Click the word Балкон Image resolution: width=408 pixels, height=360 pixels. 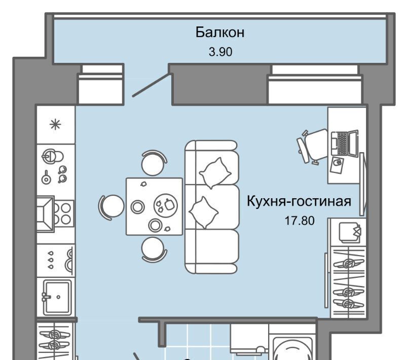coord(220,32)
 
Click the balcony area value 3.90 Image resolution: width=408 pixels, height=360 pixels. coord(220,52)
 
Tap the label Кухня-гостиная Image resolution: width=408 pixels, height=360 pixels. coord(299,201)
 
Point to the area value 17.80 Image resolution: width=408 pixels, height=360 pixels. coord(300,221)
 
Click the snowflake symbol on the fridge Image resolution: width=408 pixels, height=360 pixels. coord(55,124)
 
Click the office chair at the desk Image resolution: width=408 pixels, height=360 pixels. coord(312,147)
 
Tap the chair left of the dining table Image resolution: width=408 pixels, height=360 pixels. coord(111,206)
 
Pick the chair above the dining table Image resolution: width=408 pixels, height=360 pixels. coord(154,163)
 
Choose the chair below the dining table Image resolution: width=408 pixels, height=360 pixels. coord(154,249)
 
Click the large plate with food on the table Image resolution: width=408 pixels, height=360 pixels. coord(166,205)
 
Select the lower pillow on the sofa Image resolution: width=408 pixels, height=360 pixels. coord(204,212)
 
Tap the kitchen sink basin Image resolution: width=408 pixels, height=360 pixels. coord(57,297)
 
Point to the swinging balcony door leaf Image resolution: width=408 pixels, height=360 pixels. coord(152,85)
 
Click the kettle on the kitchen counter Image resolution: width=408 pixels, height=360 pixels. coord(53,156)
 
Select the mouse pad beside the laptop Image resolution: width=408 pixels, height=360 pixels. coord(337,165)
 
